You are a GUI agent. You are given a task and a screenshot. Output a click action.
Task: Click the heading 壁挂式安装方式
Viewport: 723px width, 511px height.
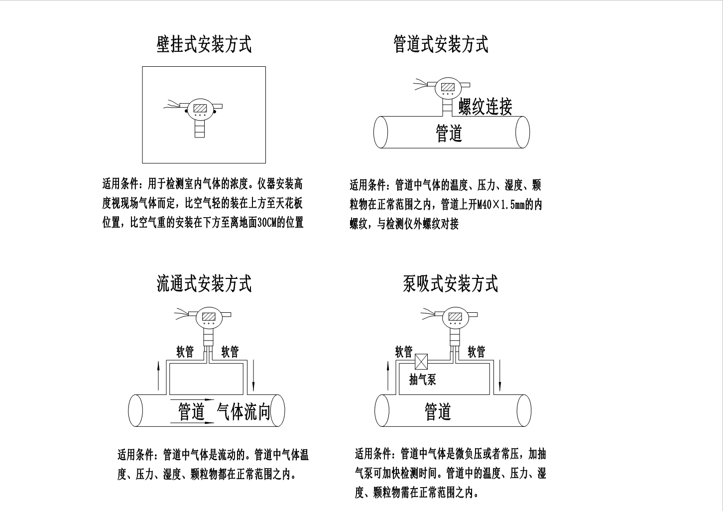tap(204, 44)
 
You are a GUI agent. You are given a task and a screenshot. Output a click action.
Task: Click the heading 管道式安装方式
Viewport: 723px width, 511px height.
tap(441, 44)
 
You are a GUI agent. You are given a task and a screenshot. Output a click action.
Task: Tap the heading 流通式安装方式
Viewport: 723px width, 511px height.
tap(204, 283)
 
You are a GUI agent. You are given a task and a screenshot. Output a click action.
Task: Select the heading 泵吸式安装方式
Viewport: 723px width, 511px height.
tap(450, 283)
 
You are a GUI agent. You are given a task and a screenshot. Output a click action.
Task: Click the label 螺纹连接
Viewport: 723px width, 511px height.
tap(485, 107)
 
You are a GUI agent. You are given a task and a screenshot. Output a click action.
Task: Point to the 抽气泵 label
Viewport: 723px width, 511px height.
tap(422, 380)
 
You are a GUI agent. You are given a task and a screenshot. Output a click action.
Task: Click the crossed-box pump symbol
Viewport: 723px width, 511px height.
tap(421, 360)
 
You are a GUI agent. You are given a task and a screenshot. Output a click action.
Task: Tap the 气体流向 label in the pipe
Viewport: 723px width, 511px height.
tap(244, 412)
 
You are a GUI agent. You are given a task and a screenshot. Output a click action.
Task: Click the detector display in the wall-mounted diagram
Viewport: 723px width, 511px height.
tap(200, 108)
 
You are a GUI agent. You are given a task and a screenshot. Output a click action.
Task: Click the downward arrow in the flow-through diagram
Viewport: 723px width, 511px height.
tap(253, 377)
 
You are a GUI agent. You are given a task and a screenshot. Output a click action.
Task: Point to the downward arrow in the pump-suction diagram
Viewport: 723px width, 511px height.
tap(500, 377)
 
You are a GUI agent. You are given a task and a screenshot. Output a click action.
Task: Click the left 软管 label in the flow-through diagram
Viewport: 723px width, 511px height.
tap(185, 352)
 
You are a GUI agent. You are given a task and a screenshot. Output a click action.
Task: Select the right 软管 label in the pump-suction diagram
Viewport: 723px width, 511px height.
tap(477, 352)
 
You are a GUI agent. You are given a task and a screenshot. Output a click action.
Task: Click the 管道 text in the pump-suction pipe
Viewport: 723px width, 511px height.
tap(438, 412)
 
